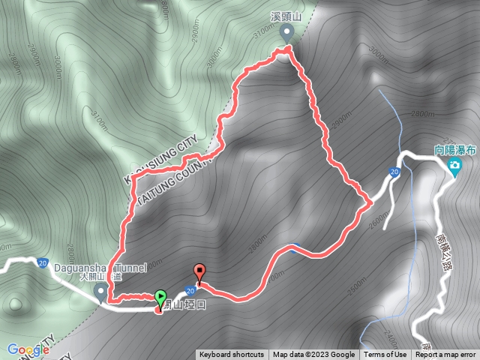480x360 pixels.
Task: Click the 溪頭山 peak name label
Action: tap(286, 15)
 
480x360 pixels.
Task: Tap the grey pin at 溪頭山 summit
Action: tap(286, 32)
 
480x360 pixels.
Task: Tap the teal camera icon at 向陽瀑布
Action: tap(454, 165)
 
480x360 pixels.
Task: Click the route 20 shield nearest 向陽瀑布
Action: tap(394, 172)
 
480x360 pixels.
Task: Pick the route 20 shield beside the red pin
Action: tap(191, 290)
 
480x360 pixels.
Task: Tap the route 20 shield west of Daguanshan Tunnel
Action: tap(42, 262)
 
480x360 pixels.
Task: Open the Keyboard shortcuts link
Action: tap(232, 355)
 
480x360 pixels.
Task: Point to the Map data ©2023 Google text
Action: tap(313, 355)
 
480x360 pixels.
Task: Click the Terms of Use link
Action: tap(386, 355)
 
